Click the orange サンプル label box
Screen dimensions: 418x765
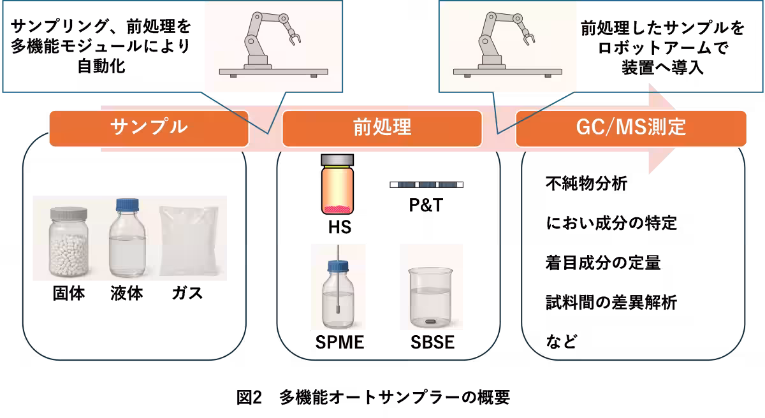click(149, 128)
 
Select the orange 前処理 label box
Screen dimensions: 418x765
click(382, 128)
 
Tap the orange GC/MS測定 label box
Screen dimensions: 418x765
click(630, 128)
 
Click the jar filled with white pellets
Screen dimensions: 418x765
click(68, 243)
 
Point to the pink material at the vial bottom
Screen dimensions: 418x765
click(338, 208)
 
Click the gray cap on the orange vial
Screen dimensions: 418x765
click(338, 159)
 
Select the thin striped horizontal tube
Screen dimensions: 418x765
click(426, 185)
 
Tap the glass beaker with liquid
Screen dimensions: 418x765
click(432, 297)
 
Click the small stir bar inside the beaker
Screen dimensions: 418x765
click(432, 321)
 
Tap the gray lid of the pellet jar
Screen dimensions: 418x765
click(68, 213)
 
